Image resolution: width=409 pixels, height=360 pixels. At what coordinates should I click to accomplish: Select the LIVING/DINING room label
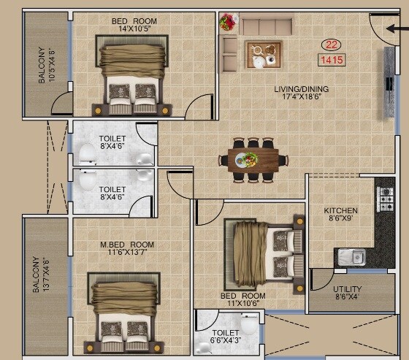click(x=301, y=93)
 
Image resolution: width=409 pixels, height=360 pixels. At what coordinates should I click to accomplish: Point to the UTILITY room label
click(x=347, y=293)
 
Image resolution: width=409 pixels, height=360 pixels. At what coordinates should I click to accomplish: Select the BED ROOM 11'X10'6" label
click(x=242, y=300)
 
